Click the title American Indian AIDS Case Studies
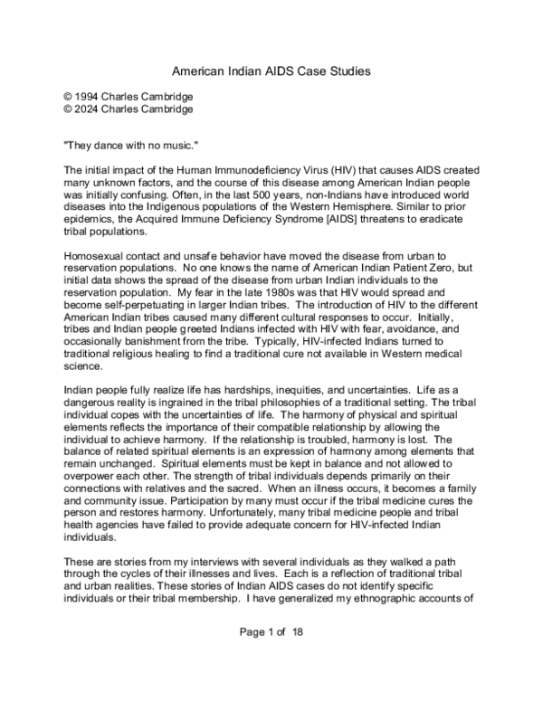271,70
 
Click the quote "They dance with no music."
122,145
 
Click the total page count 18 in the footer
297,633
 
